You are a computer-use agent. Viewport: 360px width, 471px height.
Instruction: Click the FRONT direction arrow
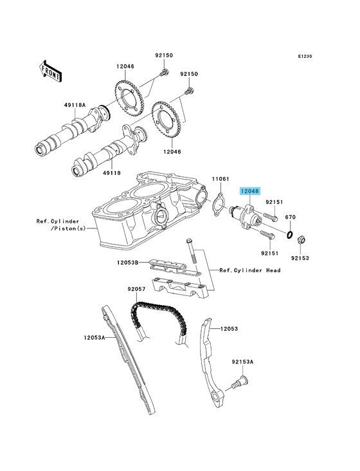pyautogui.click(x=50, y=71)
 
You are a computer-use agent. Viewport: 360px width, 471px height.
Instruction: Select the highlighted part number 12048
pyautogui.click(x=249, y=191)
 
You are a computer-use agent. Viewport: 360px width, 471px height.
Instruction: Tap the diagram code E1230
pyautogui.click(x=305, y=56)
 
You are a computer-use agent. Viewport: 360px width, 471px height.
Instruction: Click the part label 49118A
pyautogui.click(x=75, y=105)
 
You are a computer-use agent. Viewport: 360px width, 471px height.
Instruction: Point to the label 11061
pyautogui.click(x=221, y=179)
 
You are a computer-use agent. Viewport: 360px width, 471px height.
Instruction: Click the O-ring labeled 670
pyautogui.click(x=289, y=235)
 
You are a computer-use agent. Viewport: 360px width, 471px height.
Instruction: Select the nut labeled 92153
pyautogui.click(x=301, y=240)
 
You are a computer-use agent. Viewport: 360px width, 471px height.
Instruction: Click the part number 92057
pyautogui.click(x=136, y=289)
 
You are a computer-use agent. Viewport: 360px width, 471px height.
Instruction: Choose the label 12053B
pyautogui.click(x=127, y=263)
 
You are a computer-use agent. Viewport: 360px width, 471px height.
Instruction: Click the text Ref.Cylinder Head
pyautogui.click(x=250, y=270)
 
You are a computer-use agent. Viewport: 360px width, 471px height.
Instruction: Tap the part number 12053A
pyautogui.click(x=94, y=338)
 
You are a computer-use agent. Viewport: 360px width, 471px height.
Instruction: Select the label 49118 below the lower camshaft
pyautogui.click(x=112, y=173)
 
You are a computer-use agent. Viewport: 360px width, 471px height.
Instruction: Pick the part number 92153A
pyautogui.click(x=242, y=362)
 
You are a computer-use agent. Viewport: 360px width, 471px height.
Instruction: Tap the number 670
pyautogui.click(x=290, y=217)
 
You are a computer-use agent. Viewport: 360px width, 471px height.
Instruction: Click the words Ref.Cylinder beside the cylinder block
pyautogui.click(x=58, y=221)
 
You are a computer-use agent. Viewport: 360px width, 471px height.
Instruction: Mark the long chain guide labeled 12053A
pyautogui.click(x=129, y=359)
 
